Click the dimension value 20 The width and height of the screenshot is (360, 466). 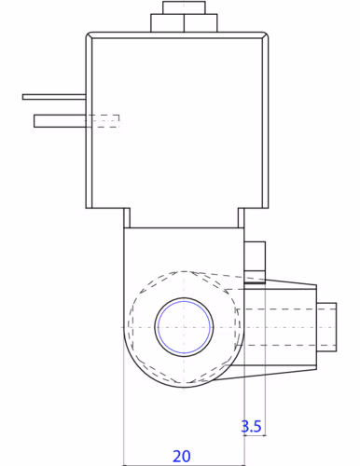[181, 456]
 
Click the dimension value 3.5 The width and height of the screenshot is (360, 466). [251, 426]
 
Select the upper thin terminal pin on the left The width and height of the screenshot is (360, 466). [54, 97]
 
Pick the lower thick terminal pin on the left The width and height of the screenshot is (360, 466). [60, 121]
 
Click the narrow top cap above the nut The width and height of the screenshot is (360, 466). [184, 7]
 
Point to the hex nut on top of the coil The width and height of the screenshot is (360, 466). [184, 23]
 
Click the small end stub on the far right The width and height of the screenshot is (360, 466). [326, 327]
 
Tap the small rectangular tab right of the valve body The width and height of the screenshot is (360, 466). [255, 262]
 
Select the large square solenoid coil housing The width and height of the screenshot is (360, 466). [177, 120]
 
